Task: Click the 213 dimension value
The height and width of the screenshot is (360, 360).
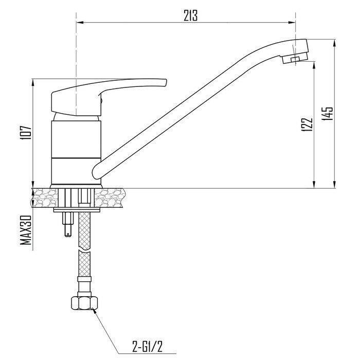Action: tap(190, 16)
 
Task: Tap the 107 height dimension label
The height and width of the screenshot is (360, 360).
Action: tap(26, 133)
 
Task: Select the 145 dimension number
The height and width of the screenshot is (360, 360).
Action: tap(327, 114)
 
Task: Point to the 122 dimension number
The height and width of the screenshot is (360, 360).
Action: tap(307, 124)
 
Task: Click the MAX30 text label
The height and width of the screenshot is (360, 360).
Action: tap(26, 230)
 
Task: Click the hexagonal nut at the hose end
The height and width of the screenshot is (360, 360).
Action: tap(84, 303)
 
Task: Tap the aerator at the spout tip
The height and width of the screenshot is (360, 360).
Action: tap(295, 58)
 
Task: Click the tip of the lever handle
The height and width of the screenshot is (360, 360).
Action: tap(166, 83)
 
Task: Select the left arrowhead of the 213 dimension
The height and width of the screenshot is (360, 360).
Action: tap(79, 23)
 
